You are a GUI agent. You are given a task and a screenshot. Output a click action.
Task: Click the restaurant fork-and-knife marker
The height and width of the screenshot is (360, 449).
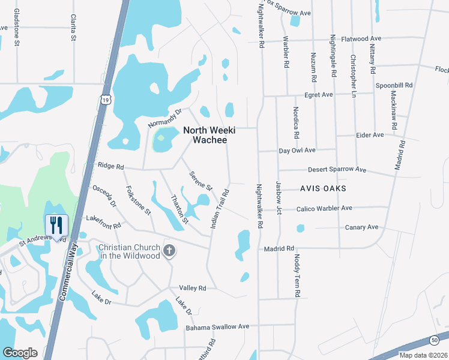click(x=56, y=226)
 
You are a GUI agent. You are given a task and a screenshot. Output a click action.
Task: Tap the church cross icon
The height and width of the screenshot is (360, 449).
click(x=169, y=250)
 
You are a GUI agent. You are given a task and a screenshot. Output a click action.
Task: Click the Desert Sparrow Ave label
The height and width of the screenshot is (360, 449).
click(x=337, y=170)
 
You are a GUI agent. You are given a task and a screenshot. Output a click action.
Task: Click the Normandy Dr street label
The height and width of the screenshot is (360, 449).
click(x=165, y=117)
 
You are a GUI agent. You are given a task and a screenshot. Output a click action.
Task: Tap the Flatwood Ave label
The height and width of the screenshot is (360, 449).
click(x=362, y=39)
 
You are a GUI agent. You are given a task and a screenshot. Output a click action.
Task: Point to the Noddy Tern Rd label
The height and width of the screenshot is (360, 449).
click(x=297, y=275)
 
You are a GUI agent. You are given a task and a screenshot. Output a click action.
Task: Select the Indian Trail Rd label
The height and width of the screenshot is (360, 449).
click(x=220, y=209)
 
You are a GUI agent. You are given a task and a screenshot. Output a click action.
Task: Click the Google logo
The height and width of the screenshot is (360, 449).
click(x=20, y=352)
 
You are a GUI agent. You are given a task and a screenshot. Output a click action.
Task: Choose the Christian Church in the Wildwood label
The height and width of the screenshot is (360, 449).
click(x=130, y=252)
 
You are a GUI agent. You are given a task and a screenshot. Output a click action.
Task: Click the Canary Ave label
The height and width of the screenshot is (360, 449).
click(x=362, y=227)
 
